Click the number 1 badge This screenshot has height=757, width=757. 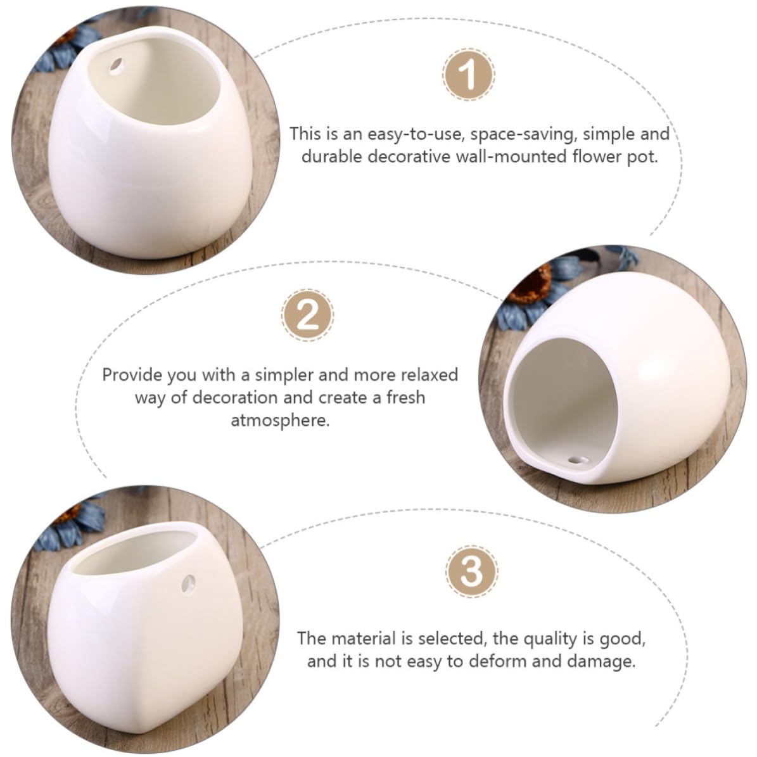468,74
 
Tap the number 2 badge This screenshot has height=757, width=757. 307,315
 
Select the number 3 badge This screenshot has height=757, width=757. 472,571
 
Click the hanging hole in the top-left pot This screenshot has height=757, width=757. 117,65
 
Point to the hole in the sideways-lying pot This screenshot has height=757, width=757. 576,460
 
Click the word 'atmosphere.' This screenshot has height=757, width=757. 280,420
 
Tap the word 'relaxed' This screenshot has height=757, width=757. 429,374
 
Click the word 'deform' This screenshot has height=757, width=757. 498,661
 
